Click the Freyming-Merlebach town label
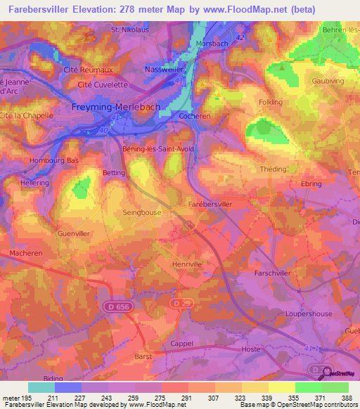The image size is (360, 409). (116, 107)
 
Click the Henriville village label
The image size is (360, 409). (187, 264)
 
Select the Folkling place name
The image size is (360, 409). (271, 102)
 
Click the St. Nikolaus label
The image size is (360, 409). (131, 30)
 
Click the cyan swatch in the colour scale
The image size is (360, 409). (41, 387)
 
